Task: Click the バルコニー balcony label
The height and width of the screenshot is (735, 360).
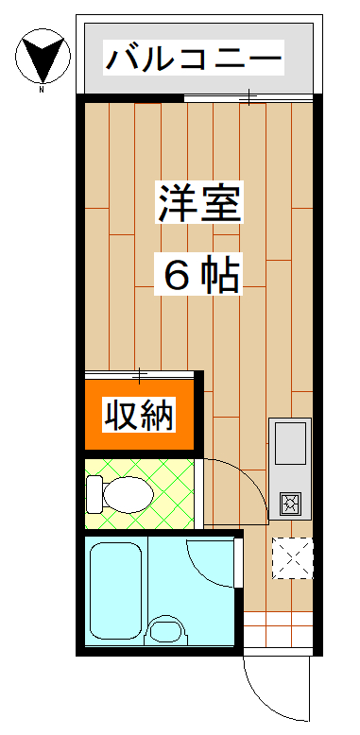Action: pyautogui.click(x=194, y=60)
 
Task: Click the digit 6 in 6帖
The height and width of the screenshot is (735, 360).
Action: pyautogui.click(x=177, y=275)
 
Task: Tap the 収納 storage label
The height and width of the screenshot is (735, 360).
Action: pyautogui.click(x=139, y=415)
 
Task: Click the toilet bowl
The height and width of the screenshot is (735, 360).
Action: pyautogui.click(x=129, y=492)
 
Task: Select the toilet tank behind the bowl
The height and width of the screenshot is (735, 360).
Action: pyautogui.click(x=94, y=492)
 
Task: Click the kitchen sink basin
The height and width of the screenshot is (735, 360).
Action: pyautogui.click(x=289, y=441)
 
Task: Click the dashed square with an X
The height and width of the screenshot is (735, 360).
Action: pyautogui.click(x=291, y=557)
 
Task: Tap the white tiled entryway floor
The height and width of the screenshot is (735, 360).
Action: pyautogui.click(x=278, y=632)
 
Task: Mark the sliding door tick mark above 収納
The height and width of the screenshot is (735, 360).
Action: pyautogui.click(x=142, y=375)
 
